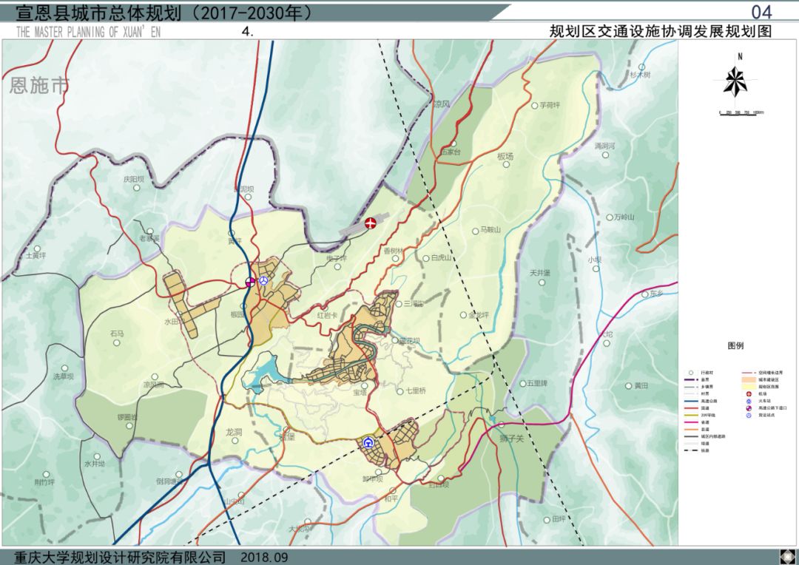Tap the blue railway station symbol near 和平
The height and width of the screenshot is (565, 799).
368,443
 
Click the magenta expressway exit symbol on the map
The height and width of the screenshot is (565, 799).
251,282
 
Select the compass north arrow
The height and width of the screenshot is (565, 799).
735,79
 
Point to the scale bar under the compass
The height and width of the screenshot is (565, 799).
741,113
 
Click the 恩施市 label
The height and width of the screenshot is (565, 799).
39,86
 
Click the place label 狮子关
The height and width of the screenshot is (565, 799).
510,439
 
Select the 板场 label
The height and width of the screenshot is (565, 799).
505,157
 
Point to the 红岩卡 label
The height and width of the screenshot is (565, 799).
327,315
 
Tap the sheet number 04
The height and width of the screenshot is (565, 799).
761,12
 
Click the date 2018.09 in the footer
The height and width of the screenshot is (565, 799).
264,557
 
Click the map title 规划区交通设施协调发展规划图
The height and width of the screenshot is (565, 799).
660,32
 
